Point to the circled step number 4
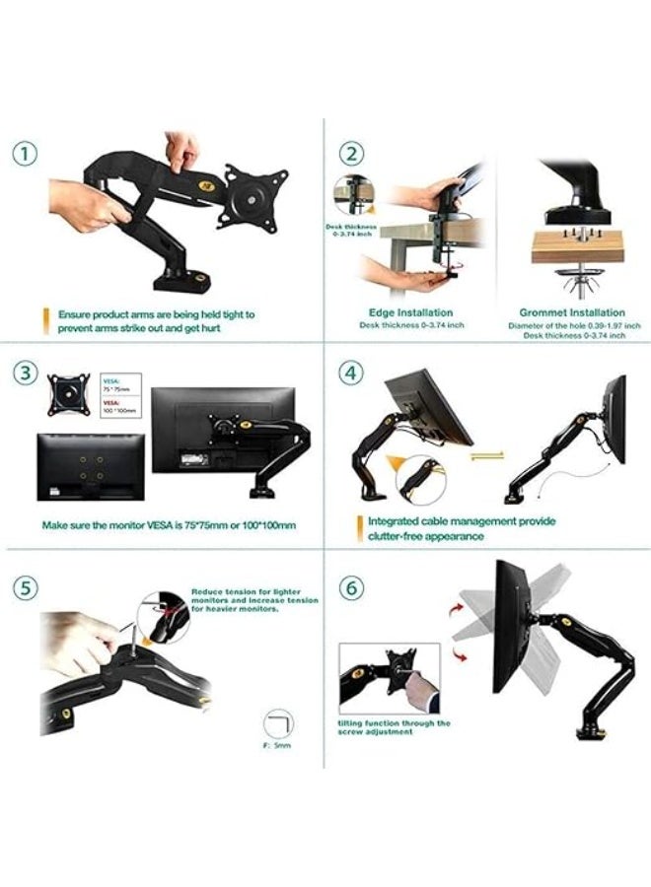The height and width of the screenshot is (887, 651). [x=352, y=373]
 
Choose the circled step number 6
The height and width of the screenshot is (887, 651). [x=352, y=589]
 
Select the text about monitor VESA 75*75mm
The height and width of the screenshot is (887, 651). [x=168, y=525]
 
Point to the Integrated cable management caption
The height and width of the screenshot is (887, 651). [x=462, y=528]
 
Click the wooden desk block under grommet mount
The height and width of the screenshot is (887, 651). [x=577, y=246]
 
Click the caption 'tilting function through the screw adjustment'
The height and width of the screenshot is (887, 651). [x=395, y=727]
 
